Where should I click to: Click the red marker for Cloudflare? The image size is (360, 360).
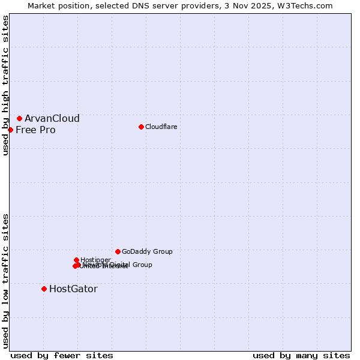141,127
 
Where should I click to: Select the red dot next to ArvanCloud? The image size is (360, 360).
19,119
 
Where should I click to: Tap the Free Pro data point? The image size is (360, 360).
10,130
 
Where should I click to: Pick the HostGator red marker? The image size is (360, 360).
44,289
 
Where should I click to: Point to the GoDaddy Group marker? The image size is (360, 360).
118,251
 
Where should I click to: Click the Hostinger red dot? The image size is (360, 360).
76,260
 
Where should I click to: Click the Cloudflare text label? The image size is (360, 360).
161,127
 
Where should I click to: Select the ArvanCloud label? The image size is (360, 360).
52,119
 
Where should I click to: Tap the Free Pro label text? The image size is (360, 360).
35,130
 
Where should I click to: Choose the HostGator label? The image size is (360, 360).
73,289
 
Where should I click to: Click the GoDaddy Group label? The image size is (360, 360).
147,252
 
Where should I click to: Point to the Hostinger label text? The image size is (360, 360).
95,260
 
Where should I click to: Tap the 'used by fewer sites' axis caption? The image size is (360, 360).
62,355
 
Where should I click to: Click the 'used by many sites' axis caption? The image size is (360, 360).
301,355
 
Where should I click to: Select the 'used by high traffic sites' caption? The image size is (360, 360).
6,85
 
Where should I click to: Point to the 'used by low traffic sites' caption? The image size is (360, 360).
6,281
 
